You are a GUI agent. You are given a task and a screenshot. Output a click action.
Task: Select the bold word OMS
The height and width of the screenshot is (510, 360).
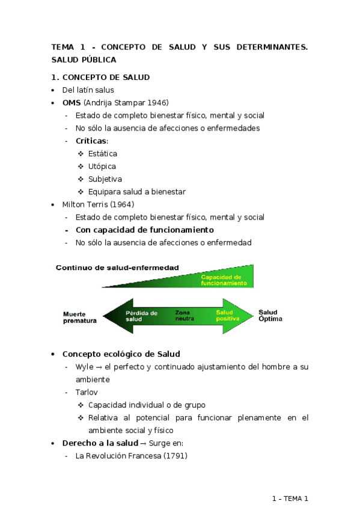click(x=72, y=102)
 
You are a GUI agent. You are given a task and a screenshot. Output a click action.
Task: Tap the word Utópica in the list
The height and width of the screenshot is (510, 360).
click(x=102, y=166)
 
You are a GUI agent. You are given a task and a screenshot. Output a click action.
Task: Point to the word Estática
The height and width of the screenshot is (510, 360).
click(x=103, y=153)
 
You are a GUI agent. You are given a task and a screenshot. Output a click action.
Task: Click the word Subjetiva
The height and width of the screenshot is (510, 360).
click(x=105, y=179)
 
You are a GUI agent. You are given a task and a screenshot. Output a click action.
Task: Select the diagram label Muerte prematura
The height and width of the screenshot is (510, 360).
click(x=80, y=317)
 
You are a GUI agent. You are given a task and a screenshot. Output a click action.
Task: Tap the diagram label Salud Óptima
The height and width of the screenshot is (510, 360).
click(x=270, y=315)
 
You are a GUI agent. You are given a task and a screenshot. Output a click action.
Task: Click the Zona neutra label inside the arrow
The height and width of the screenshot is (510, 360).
click(x=185, y=315)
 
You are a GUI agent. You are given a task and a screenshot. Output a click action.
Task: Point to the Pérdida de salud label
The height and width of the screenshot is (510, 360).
click(x=141, y=316)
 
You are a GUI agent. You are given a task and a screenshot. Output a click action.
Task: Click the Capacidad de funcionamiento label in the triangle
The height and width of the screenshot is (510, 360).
click(x=224, y=280)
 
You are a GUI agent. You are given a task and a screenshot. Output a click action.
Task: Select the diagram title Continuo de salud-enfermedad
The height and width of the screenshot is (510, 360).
click(x=117, y=268)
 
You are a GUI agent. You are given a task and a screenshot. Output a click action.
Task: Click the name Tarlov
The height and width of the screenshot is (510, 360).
click(x=87, y=392)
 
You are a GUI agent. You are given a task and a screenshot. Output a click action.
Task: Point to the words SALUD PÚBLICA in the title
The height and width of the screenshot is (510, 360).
click(x=84, y=60)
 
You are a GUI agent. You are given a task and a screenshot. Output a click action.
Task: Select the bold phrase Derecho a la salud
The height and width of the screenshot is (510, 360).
click(x=100, y=443)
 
